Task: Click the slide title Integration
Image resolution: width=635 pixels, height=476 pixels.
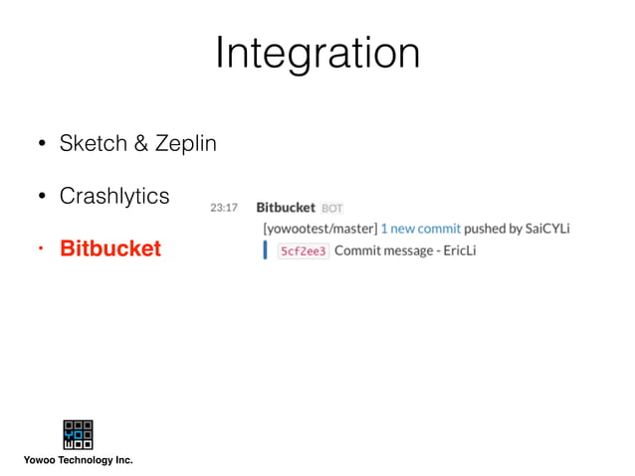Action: coord(317,53)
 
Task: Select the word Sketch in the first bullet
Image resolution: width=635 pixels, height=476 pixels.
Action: coord(92,143)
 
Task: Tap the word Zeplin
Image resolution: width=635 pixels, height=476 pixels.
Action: coord(184,143)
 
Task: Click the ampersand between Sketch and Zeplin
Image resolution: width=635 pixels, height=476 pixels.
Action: coord(137,143)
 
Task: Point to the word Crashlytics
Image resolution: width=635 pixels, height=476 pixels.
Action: coord(114,196)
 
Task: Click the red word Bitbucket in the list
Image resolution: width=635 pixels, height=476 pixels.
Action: coord(109,248)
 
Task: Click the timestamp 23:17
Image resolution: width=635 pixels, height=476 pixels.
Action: coord(224,208)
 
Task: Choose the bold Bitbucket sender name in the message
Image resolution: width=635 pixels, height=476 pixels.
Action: coord(286,208)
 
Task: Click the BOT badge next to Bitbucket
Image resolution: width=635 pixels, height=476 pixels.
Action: coord(332,209)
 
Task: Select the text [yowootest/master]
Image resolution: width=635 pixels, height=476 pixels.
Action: coord(319,229)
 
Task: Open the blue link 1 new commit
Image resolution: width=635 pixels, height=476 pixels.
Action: coord(421,229)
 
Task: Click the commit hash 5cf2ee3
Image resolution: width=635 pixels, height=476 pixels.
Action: coord(303,251)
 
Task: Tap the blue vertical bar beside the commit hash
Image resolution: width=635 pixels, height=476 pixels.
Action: coord(265,250)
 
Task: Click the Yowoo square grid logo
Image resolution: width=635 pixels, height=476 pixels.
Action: coord(78,434)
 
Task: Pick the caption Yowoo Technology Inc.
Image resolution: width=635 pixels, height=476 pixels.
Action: coord(78,460)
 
